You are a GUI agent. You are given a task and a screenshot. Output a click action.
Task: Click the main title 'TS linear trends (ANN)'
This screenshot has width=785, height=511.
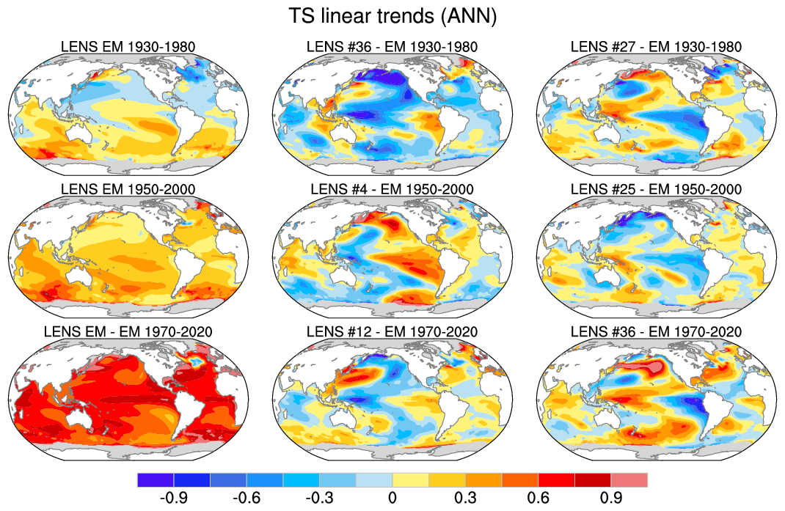click(x=392, y=17)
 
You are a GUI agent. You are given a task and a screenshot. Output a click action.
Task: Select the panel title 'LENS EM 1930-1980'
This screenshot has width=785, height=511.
click(x=128, y=47)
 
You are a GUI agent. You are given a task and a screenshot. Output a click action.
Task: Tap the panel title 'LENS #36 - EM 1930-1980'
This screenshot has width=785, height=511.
click(x=392, y=47)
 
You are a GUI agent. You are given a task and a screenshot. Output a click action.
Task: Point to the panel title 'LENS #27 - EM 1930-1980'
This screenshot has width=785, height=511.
click(x=656, y=47)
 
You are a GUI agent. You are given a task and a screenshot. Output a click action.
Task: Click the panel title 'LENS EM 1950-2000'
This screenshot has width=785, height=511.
click(x=128, y=189)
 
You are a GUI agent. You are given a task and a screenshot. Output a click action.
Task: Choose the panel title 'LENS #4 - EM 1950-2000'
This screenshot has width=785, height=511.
click(x=392, y=189)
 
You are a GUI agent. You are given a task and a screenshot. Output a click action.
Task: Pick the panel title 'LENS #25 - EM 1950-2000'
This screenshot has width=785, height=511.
click(x=656, y=189)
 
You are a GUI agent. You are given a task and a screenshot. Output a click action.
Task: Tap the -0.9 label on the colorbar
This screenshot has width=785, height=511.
click(x=173, y=498)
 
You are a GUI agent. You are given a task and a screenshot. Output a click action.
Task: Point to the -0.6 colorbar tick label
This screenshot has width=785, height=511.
click(x=246, y=498)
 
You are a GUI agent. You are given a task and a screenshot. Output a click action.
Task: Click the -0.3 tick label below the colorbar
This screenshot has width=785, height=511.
click(x=319, y=498)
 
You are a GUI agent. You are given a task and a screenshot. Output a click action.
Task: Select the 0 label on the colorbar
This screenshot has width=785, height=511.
click(x=392, y=498)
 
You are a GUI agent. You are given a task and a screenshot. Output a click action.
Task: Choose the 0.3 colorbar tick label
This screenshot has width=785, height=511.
click(x=465, y=498)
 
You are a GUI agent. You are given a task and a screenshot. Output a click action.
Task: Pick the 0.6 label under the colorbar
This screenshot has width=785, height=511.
click(x=538, y=498)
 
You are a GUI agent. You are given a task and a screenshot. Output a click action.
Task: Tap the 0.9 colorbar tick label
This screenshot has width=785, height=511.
click(x=611, y=498)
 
